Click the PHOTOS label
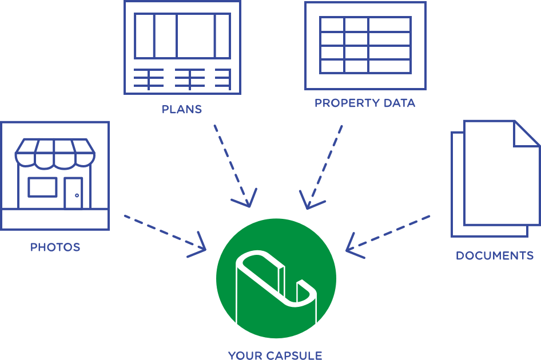(x=55, y=247)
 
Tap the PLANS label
(x=182, y=109)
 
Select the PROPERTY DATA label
(x=365, y=103)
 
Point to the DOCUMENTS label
(x=494, y=255)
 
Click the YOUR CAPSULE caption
(x=275, y=355)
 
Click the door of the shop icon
(x=74, y=192)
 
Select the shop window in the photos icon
(x=42, y=187)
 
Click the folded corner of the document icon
(x=525, y=134)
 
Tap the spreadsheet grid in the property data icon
(x=365, y=45)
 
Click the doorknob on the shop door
(x=76, y=195)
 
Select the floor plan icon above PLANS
(x=182, y=47)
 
